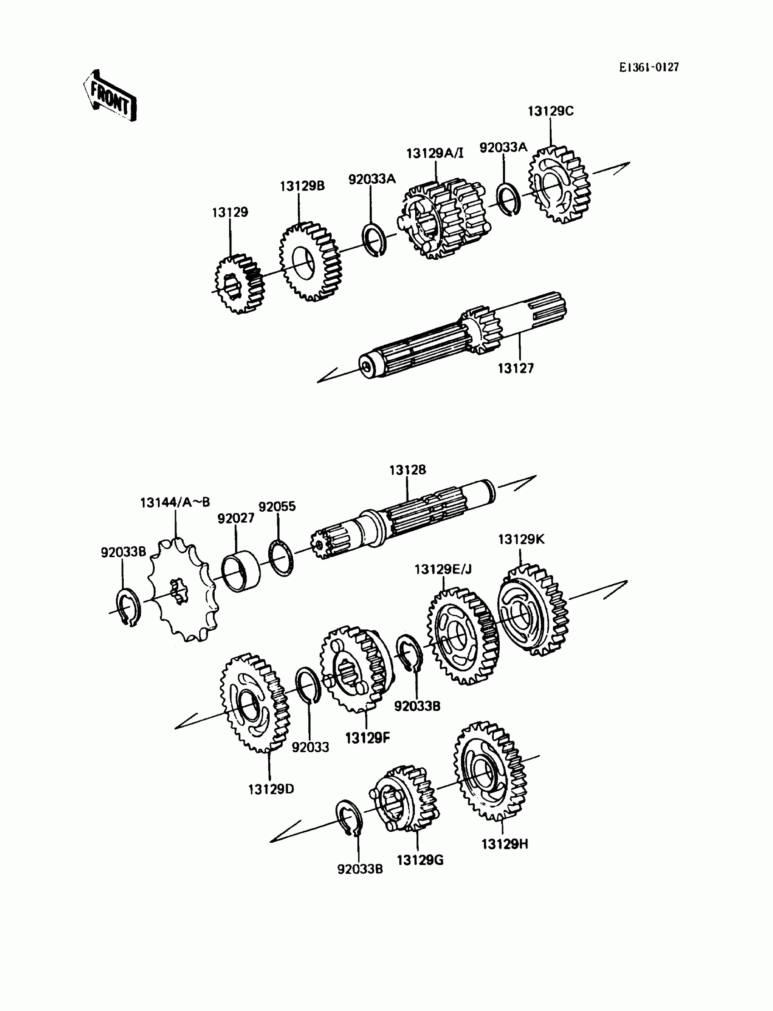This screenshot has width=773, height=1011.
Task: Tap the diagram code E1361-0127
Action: (x=648, y=67)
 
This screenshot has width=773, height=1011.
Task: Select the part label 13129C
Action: (x=550, y=111)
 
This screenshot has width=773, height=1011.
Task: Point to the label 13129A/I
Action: (x=435, y=153)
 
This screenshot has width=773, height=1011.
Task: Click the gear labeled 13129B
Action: (x=310, y=262)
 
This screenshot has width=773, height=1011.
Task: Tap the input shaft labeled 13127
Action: (x=460, y=336)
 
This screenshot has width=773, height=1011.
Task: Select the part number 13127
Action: (x=515, y=368)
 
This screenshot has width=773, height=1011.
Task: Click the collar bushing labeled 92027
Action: (x=241, y=572)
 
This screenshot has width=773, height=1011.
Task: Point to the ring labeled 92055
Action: (x=281, y=558)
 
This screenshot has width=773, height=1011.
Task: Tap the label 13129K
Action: (x=521, y=539)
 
